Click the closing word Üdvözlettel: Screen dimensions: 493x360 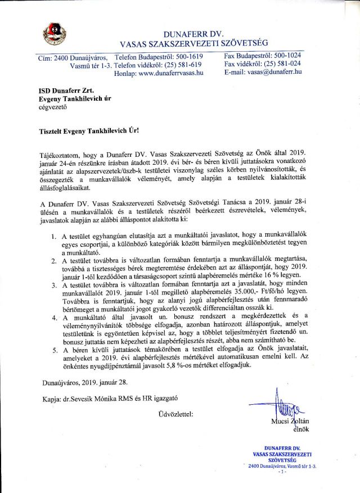click(x=176, y=414)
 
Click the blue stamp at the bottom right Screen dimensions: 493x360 click(x=283, y=458)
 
